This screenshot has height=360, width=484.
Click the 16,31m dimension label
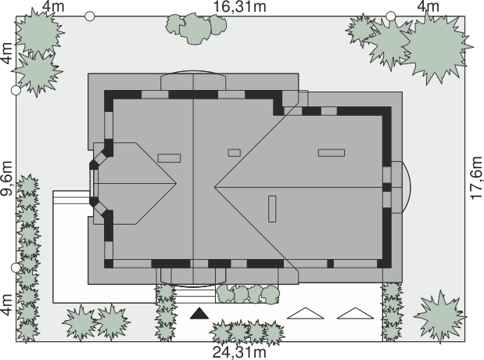point(239,6)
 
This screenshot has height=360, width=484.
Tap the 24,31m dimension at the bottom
point(239,352)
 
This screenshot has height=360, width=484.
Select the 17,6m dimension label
point(476,178)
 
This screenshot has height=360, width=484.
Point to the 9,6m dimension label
point(7,178)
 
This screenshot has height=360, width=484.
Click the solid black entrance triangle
point(199,313)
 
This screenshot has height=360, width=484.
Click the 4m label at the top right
point(428,6)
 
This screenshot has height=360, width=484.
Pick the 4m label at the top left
point(54,6)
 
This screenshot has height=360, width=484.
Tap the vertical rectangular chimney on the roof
point(272,209)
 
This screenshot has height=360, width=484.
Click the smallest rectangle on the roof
point(235,153)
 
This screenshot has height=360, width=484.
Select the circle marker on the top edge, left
point(89,16)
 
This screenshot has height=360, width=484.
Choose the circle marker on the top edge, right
point(391,16)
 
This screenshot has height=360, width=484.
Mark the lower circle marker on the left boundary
point(16,268)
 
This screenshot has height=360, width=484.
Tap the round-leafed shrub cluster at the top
point(196,28)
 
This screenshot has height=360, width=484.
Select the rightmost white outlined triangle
point(355,313)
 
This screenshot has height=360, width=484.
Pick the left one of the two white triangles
point(306,313)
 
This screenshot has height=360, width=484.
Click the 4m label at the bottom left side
point(7,304)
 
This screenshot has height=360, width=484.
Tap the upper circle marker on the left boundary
point(16,90)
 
